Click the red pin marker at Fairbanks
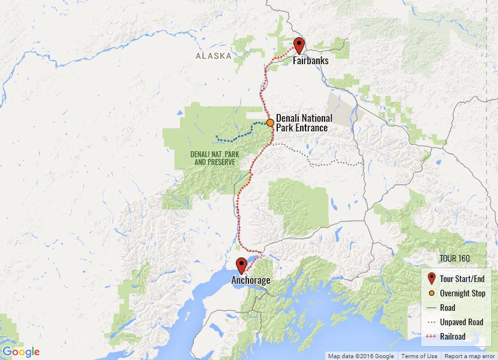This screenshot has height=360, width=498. (x=299, y=45)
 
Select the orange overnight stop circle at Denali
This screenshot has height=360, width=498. (x=271, y=122)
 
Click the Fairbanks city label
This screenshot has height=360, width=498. (x=311, y=61)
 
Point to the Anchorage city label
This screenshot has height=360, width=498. (x=251, y=280)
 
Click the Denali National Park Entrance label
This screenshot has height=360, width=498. (x=304, y=123)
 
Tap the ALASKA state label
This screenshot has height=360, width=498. (x=214, y=56)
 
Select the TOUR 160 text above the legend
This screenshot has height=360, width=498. (x=454, y=259)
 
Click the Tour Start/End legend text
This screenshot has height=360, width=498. (x=462, y=279)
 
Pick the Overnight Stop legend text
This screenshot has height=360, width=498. (x=463, y=293)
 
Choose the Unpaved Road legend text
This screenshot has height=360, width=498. (x=461, y=322)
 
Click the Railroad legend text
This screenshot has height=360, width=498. (x=452, y=337)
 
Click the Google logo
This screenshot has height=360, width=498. (x=21, y=352)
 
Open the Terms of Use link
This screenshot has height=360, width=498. (x=419, y=356)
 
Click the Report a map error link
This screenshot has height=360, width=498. (x=470, y=356)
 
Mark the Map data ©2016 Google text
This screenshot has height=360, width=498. (x=361, y=356)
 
